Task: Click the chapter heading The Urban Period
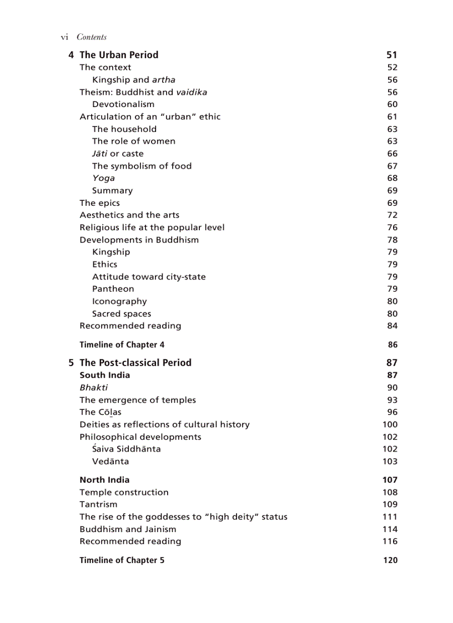click(119, 55)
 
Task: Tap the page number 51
click(392, 55)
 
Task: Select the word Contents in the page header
click(92, 37)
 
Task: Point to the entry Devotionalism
click(123, 104)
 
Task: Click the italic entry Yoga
click(104, 178)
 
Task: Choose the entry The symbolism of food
click(142, 166)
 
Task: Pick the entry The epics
click(99, 203)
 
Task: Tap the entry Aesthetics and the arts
click(129, 215)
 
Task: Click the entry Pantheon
click(113, 289)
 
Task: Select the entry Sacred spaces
click(122, 314)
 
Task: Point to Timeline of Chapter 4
click(122, 345)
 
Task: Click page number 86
click(392, 345)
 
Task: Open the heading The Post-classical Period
click(135, 363)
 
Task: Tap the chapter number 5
click(71, 363)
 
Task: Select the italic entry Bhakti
click(94, 388)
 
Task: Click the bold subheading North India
click(104, 480)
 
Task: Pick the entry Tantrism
click(98, 504)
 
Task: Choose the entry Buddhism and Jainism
click(128, 529)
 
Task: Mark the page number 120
click(390, 560)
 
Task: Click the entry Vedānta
click(110, 462)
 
